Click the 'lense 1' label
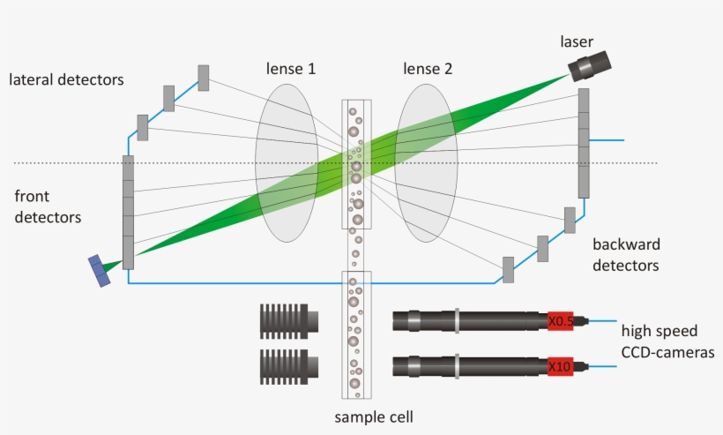pyautogui.click(x=292, y=69)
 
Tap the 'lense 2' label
pyautogui.click(x=428, y=69)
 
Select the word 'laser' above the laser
pyautogui.click(x=577, y=41)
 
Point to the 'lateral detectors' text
pyautogui.click(x=66, y=79)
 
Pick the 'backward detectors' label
pyautogui.click(x=626, y=254)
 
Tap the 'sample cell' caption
pyautogui.click(x=374, y=416)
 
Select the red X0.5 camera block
pyautogui.click(x=560, y=322)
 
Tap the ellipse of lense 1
pyautogui.click(x=287, y=162)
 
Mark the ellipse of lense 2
pyautogui.click(x=426, y=162)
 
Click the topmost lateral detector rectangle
pyautogui.click(x=204, y=78)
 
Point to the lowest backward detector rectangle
pyautogui.click(x=508, y=269)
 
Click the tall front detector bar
pyautogui.click(x=128, y=212)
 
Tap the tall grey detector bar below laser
pyautogui.click(x=584, y=143)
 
